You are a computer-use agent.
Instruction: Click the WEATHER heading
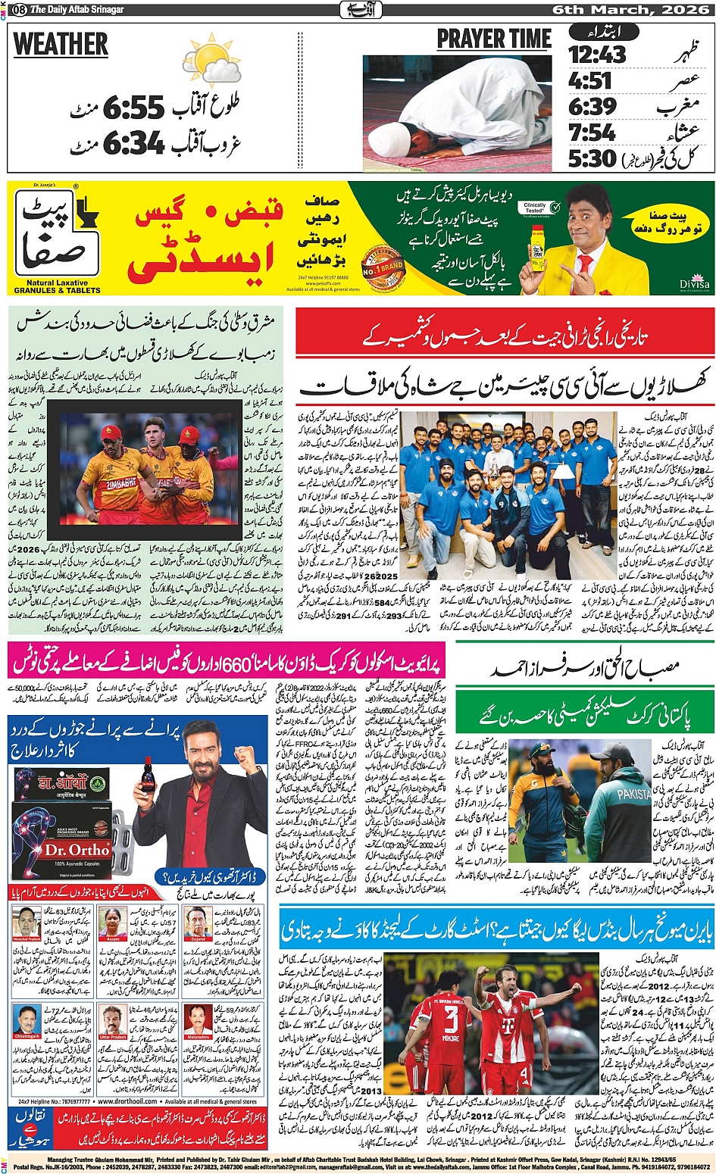click(61, 45)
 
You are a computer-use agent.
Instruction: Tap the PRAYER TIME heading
click(493, 39)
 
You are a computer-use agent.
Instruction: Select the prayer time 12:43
click(598, 55)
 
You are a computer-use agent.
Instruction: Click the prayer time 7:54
click(592, 133)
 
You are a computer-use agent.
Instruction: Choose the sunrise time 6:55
click(133, 108)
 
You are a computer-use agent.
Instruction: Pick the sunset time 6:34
click(133, 142)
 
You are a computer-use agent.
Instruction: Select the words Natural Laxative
click(57, 283)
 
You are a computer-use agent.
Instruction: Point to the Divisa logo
click(694, 284)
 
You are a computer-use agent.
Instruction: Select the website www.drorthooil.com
click(127, 1101)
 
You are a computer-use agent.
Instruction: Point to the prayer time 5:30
click(592, 159)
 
